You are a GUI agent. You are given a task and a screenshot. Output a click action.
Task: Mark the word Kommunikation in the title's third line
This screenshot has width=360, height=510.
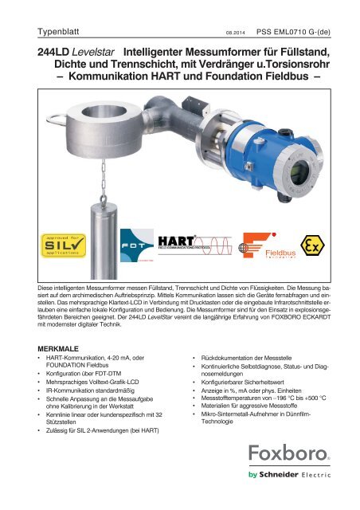(x=135, y=79)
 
